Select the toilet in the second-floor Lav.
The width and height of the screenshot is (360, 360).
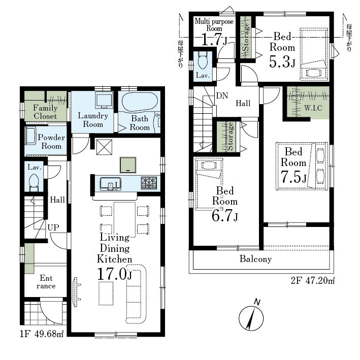click(203, 60)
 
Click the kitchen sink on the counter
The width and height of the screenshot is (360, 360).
click(110, 184)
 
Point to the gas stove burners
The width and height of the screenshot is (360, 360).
click(149, 183)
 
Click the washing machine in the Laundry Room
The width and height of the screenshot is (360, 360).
click(104, 100)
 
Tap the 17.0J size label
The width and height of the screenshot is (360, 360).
click(115, 274)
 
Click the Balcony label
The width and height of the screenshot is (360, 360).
click(255, 259)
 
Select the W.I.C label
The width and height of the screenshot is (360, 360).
click(313, 108)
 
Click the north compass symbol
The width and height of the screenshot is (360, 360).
click(251, 316)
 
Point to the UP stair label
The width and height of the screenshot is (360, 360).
click(53, 227)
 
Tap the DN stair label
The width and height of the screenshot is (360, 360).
click(222, 95)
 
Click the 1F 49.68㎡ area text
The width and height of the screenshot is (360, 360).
click(42, 334)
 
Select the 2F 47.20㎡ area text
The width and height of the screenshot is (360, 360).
click(312, 281)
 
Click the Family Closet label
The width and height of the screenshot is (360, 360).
click(45, 112)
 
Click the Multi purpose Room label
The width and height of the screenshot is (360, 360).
click(214, 25)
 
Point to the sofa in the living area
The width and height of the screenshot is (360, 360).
click(136, 294)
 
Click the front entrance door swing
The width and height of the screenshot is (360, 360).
click(51, 310)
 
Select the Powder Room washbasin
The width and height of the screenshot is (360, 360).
click(30, 136)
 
